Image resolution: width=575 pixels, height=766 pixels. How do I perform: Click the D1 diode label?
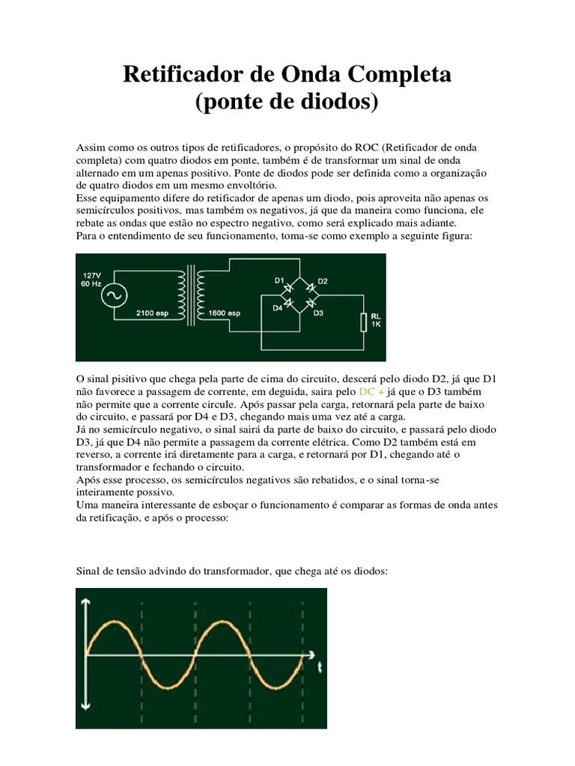279,281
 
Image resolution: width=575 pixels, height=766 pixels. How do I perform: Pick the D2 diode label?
323,281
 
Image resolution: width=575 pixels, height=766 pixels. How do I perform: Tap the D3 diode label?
318,313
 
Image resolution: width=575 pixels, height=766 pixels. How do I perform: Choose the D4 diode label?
278,307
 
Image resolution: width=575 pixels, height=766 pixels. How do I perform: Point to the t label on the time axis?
320,664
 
